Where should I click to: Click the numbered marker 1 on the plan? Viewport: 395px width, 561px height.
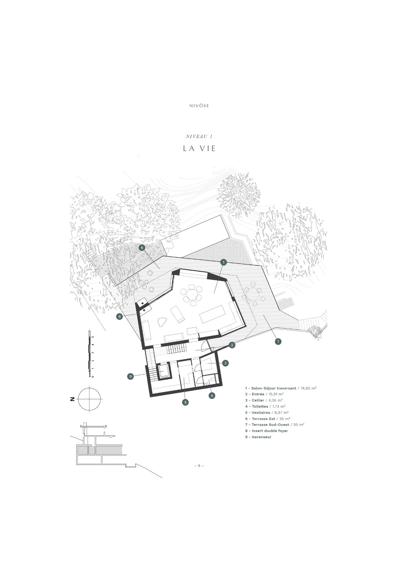tap(224, 262)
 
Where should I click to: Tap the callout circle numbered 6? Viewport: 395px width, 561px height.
tap(142, 248)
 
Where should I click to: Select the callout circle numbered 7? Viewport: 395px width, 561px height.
tap(278, 342)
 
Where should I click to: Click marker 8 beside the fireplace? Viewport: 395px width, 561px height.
tap(120, 317)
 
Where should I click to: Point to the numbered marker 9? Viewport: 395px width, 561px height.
tap(130, 376)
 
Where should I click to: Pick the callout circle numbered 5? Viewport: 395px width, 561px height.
tap(185, 402)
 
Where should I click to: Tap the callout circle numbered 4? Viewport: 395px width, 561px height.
tap(212, 395)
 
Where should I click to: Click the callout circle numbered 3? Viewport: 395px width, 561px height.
tap(225, 363)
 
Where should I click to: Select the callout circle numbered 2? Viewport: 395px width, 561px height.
tap(232, 345)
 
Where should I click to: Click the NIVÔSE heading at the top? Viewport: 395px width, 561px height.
tap(199, 106)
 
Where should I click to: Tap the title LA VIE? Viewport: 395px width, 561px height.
tap(199, 148)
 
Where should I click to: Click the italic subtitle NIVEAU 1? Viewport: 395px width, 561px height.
tap(199, 136)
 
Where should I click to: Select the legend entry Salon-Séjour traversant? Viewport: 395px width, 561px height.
tap(274, 388)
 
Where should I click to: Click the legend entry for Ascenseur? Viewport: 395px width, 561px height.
tap(262, 437)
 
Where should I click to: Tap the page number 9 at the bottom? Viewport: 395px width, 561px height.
tap(199, 466)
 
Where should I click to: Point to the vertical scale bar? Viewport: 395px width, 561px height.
tap(89, 353)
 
